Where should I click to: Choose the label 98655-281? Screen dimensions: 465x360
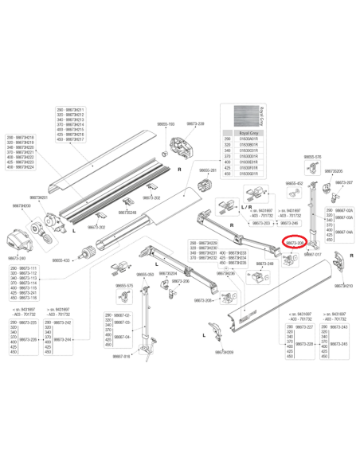click(x=207, y=170)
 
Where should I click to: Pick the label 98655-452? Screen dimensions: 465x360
click(x=295, y=183)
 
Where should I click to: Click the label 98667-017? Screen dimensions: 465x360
click(x=312, y=277)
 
